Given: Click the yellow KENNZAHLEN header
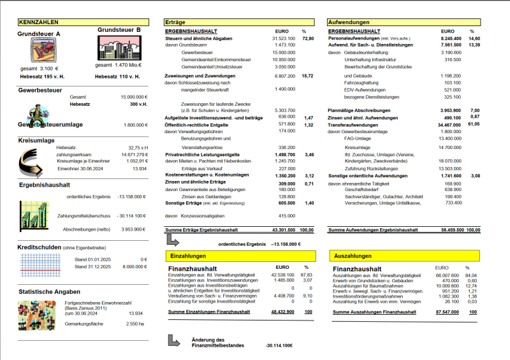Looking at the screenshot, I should [40, 22].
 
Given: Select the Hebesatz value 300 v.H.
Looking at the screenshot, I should [138, 103].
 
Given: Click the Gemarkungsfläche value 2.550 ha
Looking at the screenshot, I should [135, 323].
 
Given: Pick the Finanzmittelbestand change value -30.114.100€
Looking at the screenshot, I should [279, 345].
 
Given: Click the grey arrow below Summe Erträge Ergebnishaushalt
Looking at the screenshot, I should [173, 241].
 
